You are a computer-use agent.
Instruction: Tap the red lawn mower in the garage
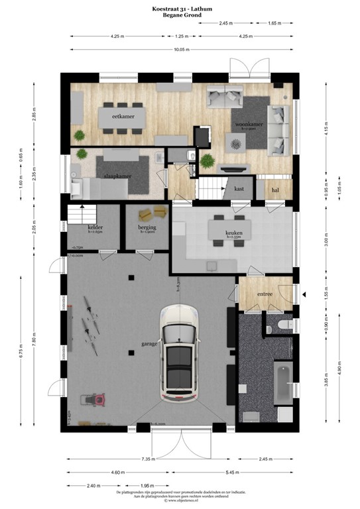pyautogui.click(x=88, y=400)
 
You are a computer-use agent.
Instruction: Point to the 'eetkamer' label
pyautogui.click(x=119, y=117)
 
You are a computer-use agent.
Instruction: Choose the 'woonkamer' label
pyautogui.click(x=245, y=124)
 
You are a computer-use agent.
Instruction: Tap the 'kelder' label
pyautogui.click(x=92, y=227)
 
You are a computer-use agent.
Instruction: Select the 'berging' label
pyautogui.click(x=147, y=227)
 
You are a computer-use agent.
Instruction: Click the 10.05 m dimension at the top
pyautogui.click(x=181, y=49)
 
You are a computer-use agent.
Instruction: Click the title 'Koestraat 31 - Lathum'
pyautogui.click(x=180, y=8)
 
